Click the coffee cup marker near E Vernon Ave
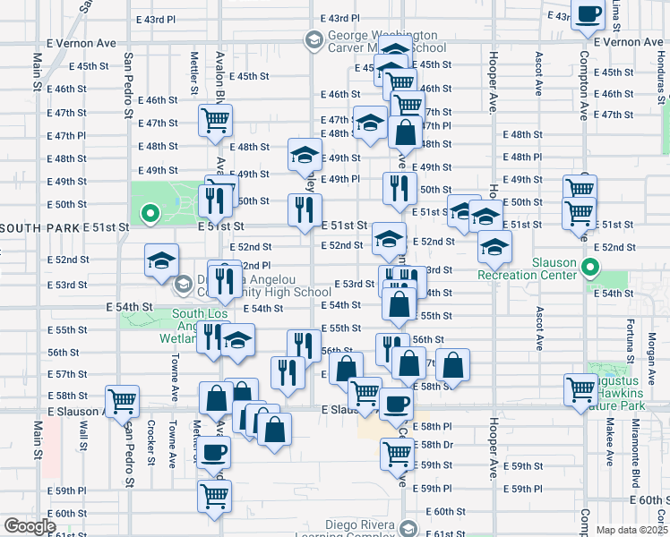588,15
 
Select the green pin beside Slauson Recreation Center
589,267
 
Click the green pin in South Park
150,215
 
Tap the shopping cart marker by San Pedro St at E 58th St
121,400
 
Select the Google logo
29,526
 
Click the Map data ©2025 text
632,530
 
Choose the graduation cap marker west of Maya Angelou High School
161,260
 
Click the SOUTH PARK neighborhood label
39,228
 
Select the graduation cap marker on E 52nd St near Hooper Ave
493,246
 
